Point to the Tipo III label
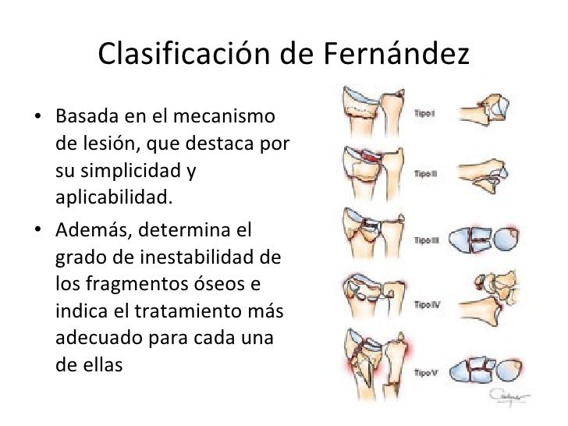click(426, 240)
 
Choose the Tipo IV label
click(426, 304)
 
